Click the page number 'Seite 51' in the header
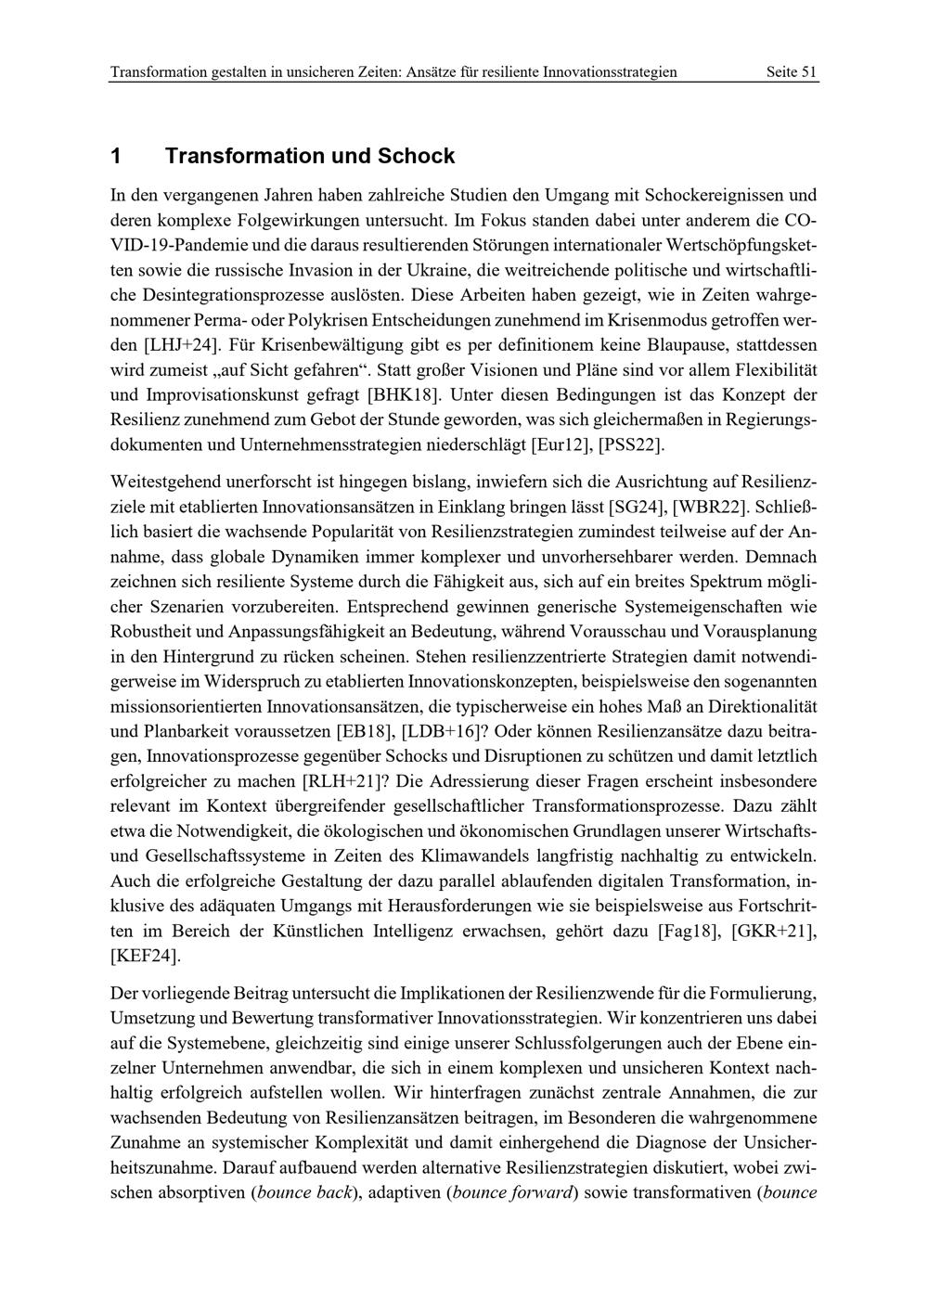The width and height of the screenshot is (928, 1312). point(792,72)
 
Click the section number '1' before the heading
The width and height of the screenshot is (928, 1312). point(115,156)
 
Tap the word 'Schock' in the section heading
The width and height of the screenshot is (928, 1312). point(416,156)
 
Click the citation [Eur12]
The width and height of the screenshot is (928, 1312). point(560,444)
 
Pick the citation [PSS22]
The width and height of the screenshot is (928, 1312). point(631,444)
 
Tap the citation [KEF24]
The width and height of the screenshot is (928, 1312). point(145,956)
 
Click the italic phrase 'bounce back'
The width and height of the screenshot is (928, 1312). point(304,1193)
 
